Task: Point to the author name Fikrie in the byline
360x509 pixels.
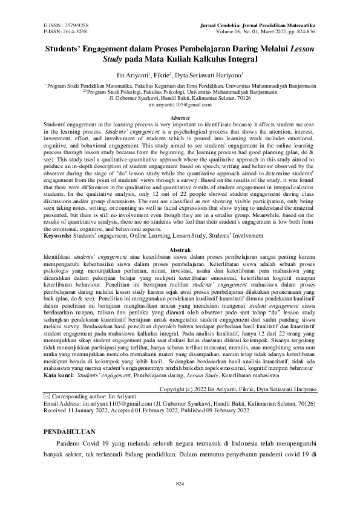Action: [160, 76]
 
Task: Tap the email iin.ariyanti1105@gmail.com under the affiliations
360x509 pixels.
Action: [180, 105]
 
